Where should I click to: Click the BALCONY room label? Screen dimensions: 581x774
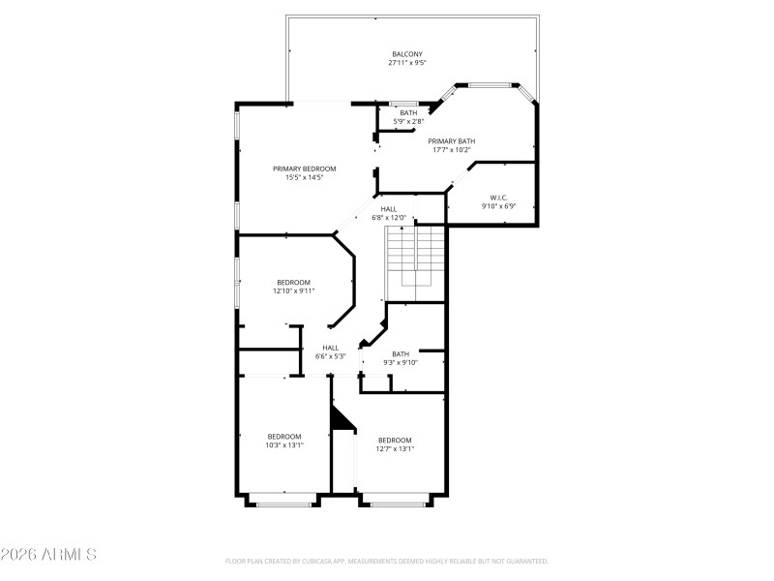406,54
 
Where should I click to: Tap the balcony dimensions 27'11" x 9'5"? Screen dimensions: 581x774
406,64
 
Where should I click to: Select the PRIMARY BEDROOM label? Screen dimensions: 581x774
304,168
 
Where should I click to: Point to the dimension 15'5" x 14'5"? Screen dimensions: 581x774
304,178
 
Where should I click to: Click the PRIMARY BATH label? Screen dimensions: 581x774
452,140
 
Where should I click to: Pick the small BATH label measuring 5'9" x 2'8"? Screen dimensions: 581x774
408,112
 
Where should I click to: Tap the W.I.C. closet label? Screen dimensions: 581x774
499,198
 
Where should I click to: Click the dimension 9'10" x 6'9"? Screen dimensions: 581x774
499,207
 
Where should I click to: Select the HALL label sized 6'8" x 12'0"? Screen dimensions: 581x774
388,209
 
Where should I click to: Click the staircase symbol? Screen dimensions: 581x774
415,262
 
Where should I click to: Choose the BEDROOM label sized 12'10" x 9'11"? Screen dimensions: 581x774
293,282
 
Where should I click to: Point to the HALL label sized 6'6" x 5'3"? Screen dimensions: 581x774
331,348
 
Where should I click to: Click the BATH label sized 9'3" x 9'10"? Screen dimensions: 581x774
401,353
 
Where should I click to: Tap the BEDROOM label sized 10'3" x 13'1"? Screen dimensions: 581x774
284,436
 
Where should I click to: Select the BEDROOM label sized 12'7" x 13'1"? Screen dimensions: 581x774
395,440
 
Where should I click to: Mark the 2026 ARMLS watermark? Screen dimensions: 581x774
48,555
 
